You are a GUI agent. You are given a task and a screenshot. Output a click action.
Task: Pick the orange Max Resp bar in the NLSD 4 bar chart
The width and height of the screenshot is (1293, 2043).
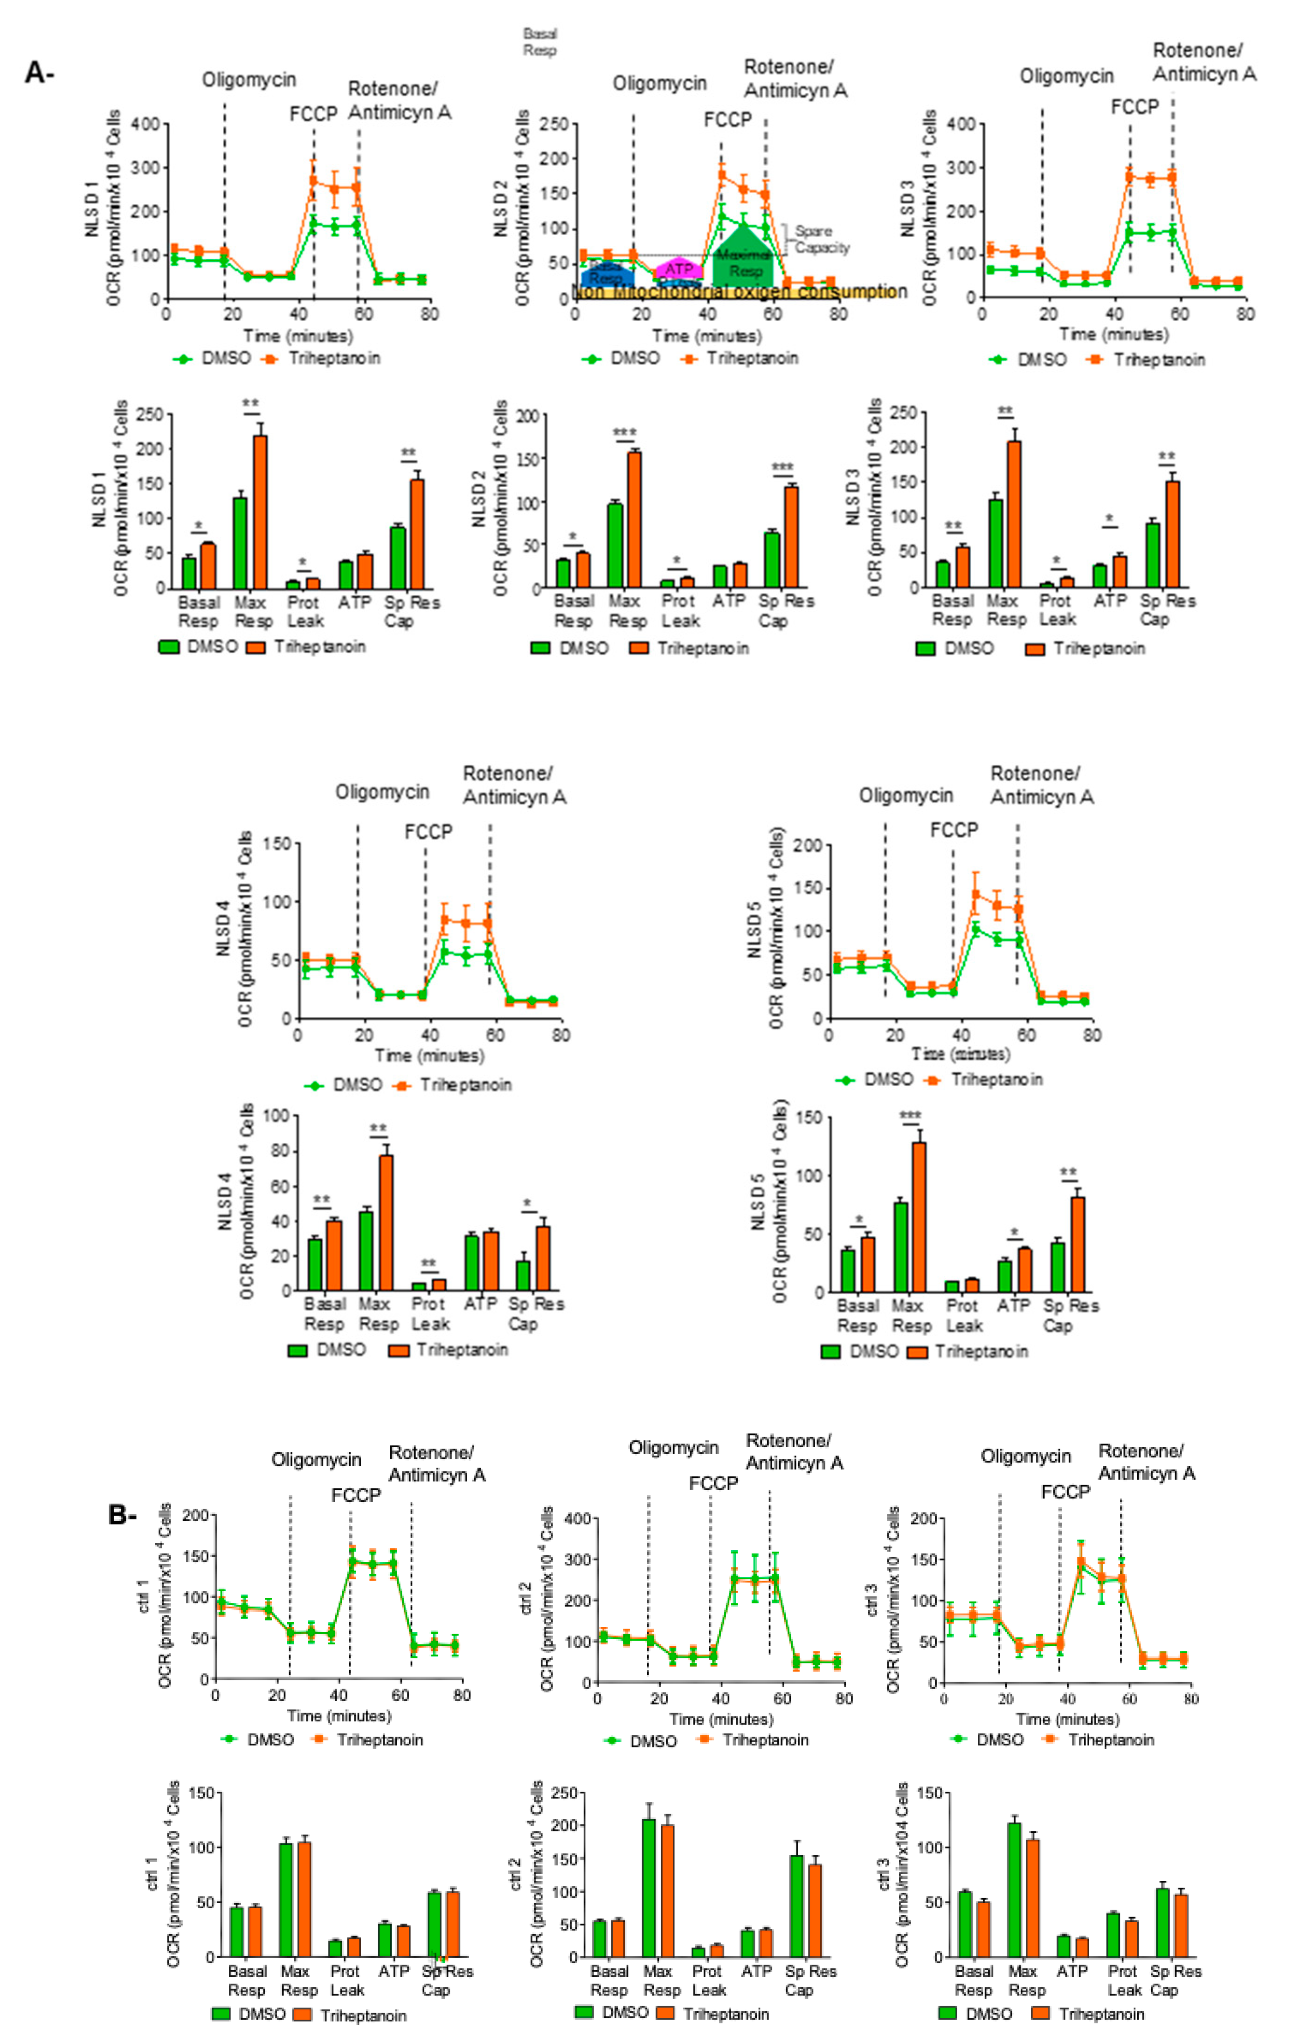coord(385,1222)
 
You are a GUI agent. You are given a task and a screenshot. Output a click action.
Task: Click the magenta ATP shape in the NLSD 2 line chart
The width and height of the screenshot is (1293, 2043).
coord(679,268)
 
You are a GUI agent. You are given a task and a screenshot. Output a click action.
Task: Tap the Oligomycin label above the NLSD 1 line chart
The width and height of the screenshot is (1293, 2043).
coord(249,80)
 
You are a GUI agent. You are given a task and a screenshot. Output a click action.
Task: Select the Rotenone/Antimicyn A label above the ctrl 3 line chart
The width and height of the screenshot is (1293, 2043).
coord(1146,1462)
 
